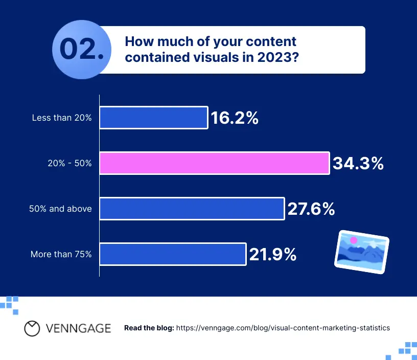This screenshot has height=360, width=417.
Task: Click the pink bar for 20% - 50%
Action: [214, 163]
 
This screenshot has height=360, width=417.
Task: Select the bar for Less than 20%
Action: [153, 118]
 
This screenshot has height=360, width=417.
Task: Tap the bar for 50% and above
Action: [192, 209]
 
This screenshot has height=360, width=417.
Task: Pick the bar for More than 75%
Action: [173, 254]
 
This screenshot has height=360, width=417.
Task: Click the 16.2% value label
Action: [235, 118]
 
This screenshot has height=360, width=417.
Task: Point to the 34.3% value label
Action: [358, 164]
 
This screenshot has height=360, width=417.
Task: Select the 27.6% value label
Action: [311, 209]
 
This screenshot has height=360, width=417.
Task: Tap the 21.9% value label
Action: [273, 254]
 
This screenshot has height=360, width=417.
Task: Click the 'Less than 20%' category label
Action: [61, 118]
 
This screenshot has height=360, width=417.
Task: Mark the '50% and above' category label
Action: [61, 209]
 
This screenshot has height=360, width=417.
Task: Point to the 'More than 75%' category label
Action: [61, 254]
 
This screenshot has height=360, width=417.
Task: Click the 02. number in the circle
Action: [82, 50]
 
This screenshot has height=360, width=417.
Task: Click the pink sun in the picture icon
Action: [353, 239]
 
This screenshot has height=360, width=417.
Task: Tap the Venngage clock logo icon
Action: [32, 328]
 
